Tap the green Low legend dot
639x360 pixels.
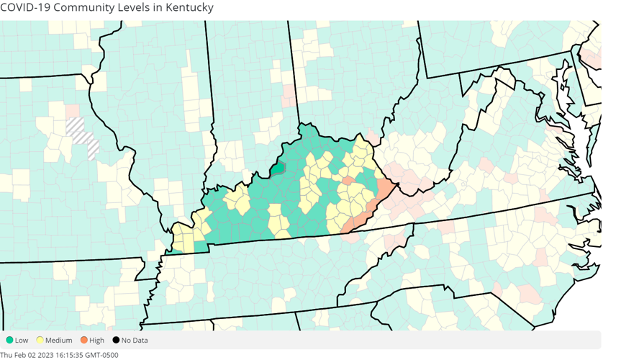point(9,340)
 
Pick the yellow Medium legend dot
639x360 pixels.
point(40,340)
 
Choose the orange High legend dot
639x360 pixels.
point(84,340)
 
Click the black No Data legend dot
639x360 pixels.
point(116,340)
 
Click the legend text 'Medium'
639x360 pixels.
point(59,341)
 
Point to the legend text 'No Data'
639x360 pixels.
point(135,341)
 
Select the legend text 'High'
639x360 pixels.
point(96,341)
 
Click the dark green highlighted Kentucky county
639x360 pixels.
point(278,168)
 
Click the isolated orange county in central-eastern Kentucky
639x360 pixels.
point(348,181)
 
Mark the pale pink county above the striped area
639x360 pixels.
point(73,112)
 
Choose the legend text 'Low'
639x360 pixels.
point(22,341)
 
